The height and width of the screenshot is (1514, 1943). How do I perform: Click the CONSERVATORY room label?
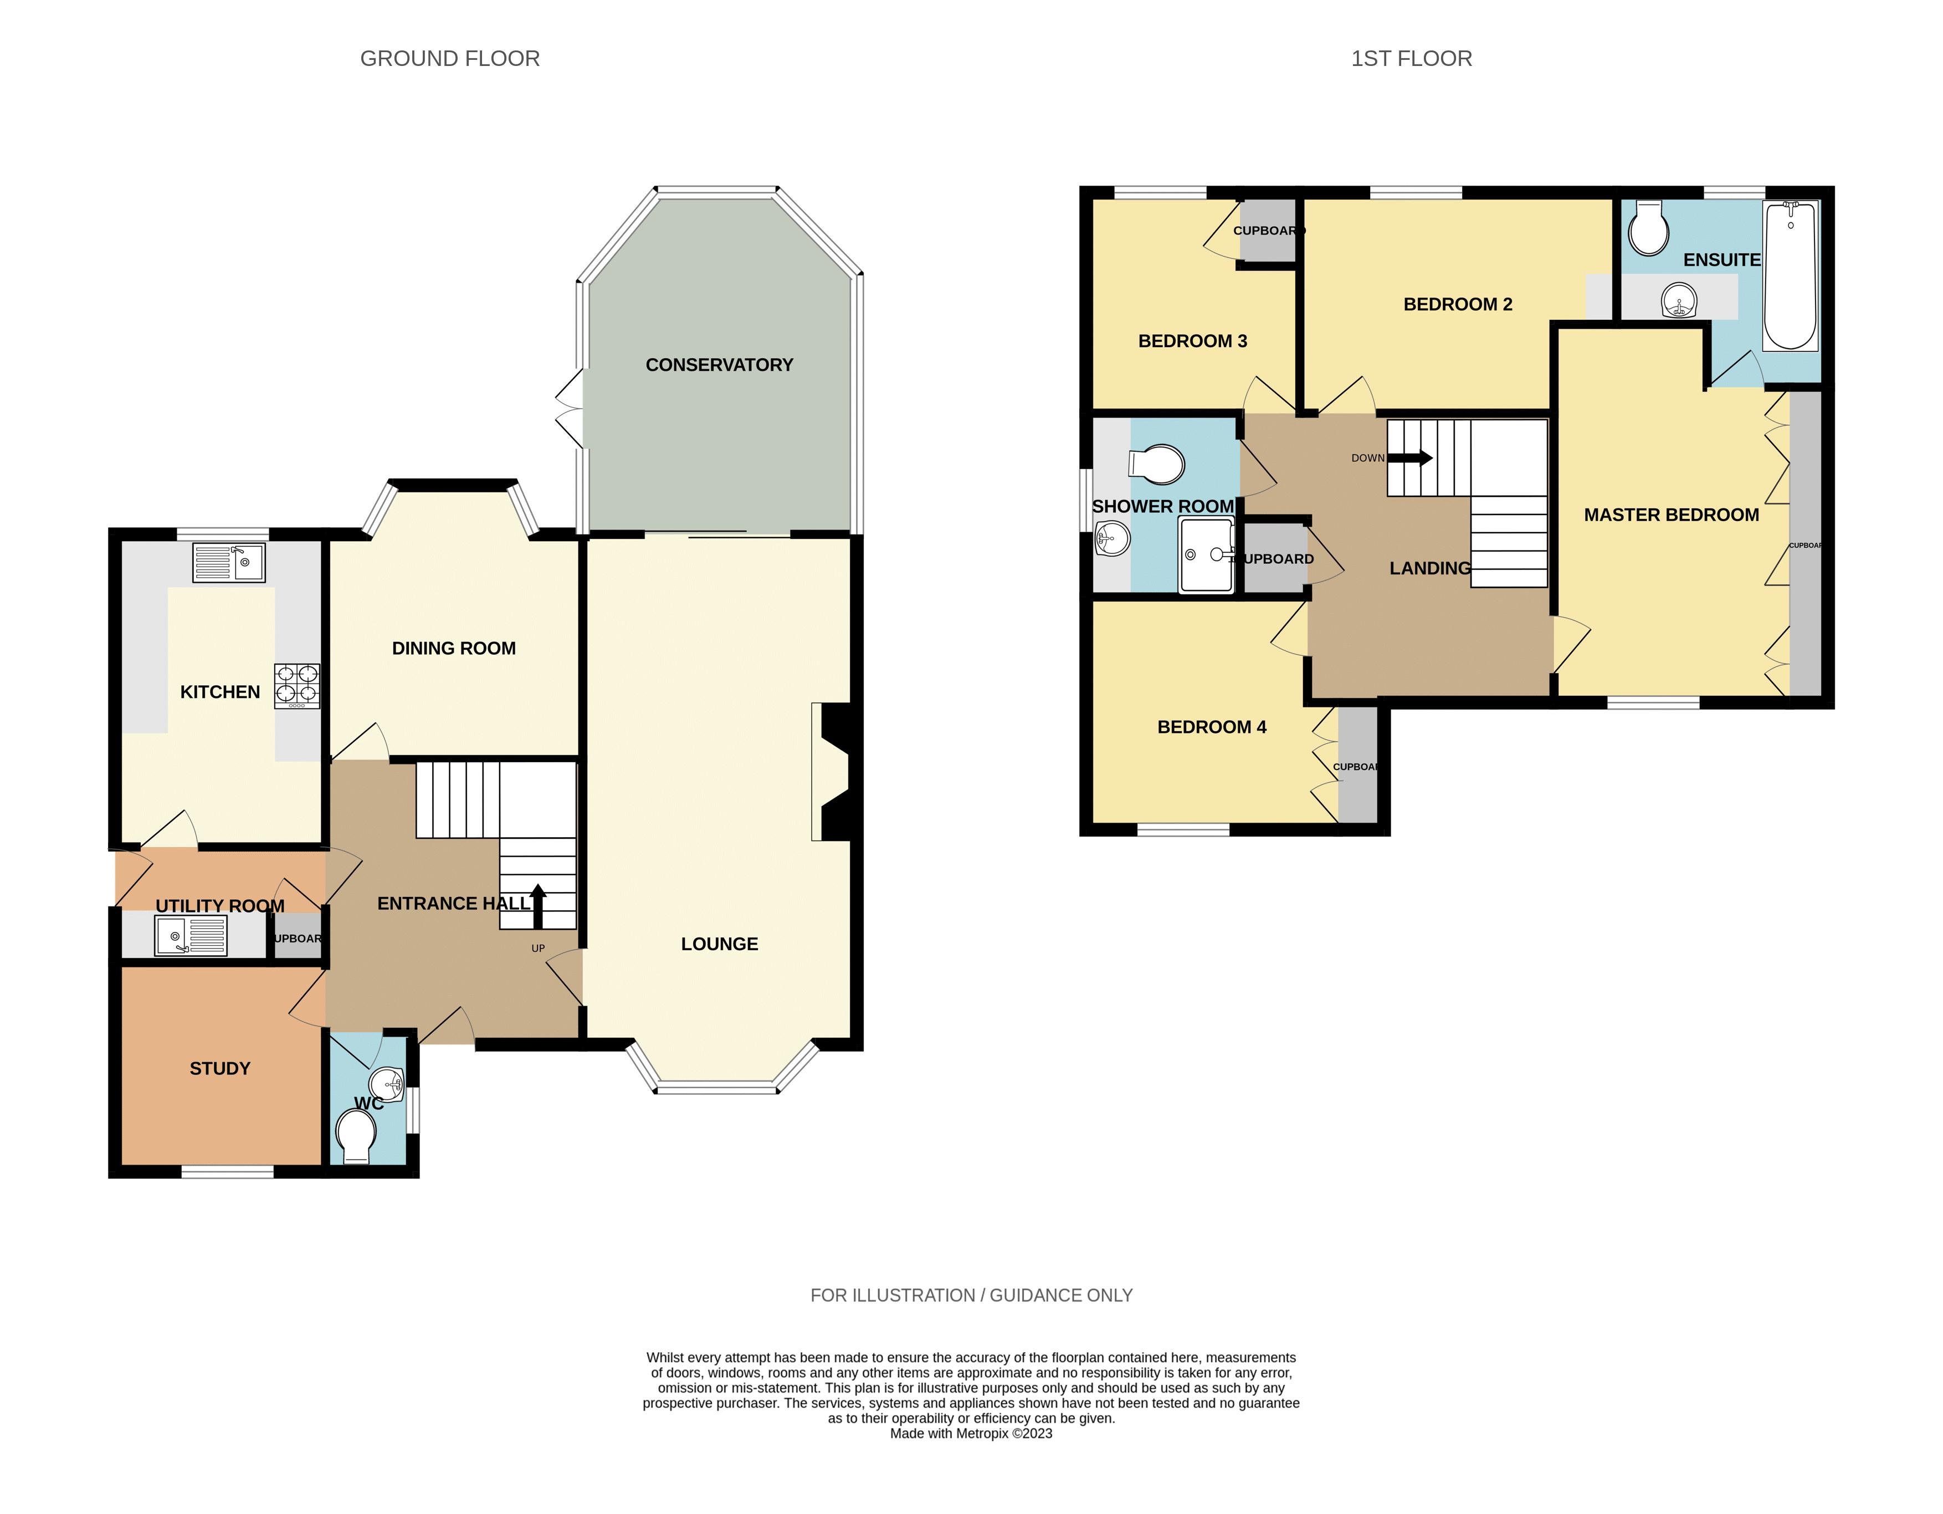(x=719, y=365)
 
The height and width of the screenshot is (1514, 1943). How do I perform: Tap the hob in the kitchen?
(x=297, y=686)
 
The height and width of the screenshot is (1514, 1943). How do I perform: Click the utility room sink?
(x=191, y=936)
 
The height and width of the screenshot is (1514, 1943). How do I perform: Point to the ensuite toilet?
(x=1648, y=229)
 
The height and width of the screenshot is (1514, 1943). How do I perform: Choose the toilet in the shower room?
(x=1157, y=465)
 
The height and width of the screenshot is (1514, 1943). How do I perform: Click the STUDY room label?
(x=220, y=1068)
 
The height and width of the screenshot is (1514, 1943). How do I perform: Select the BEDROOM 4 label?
(x=1212, y=727)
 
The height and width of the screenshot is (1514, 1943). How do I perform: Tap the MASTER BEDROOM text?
(x=1671, y=514)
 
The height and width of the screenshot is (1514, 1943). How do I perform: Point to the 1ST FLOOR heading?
(x=1411, y=59)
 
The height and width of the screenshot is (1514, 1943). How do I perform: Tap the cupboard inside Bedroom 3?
(x=1268, y=231)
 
